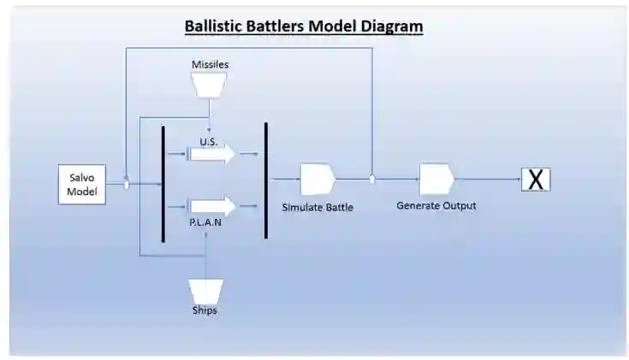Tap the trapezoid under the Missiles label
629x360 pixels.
210,85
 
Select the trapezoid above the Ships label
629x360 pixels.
206,289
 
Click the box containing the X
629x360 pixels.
536,180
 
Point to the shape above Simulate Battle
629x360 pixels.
317,180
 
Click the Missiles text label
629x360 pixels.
210,64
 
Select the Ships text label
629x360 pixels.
205,310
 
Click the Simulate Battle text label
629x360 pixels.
317,207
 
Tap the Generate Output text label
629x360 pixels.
436,206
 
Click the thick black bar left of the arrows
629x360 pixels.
163,184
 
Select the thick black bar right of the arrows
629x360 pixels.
266,180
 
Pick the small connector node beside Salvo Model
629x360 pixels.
127,184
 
